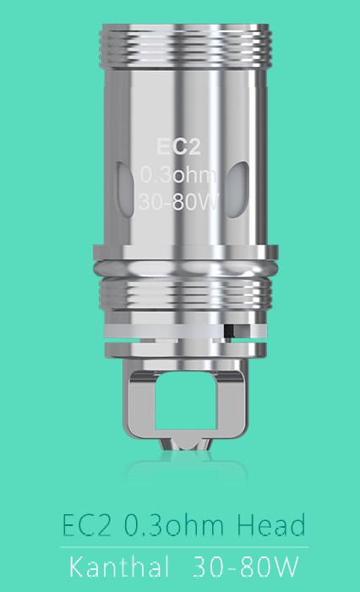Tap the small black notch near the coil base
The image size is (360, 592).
click(228, 325)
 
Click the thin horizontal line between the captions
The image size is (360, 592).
click(180, 547)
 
